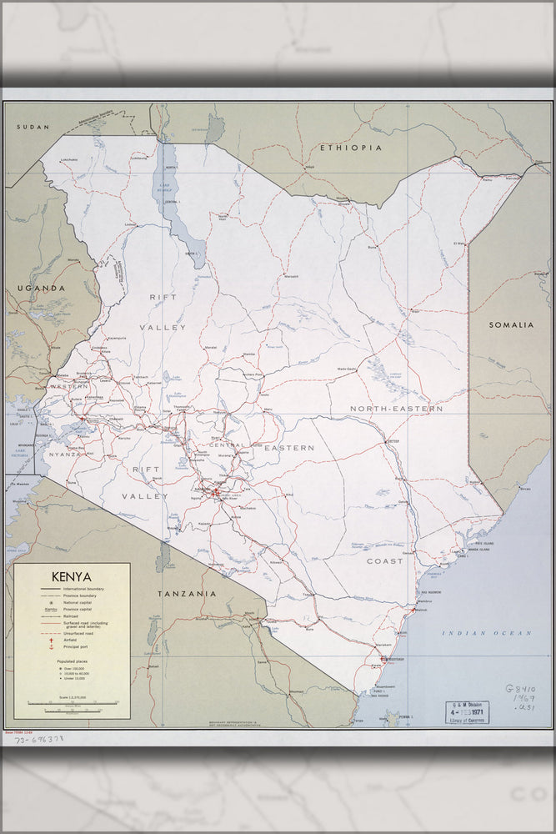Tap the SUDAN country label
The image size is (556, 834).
[x=33, y=127]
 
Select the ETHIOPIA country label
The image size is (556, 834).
[x=351, y=148]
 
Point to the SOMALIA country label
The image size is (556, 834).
[x=511, y=324]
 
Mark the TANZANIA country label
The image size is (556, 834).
[x=187, y=594]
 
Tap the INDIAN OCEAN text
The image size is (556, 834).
[x=487, y=633]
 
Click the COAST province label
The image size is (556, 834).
[x=384, y=561]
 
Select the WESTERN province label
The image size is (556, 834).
[x=68, y=387]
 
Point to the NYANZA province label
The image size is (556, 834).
[x=65, y=454]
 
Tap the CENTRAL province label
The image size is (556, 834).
[x=226, y=445]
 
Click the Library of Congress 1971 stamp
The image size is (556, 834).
[x=467, y=713]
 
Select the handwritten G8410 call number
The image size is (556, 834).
[x=521, y=692]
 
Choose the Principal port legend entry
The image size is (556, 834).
[x=81, y=646]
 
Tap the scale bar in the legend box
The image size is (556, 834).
[x=71, y=702]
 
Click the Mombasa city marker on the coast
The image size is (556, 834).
[x=383, y=658]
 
